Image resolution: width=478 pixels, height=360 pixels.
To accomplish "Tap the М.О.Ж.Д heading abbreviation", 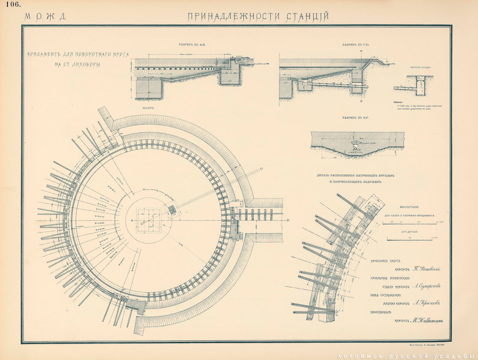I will (45, 17).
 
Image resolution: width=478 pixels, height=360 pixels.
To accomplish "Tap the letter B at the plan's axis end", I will (288, 221).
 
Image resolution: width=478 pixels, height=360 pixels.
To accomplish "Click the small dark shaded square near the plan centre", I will (172, 210).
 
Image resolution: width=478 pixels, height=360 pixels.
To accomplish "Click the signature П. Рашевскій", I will (426, 269).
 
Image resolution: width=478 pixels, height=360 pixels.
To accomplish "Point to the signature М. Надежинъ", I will (428, 321).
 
